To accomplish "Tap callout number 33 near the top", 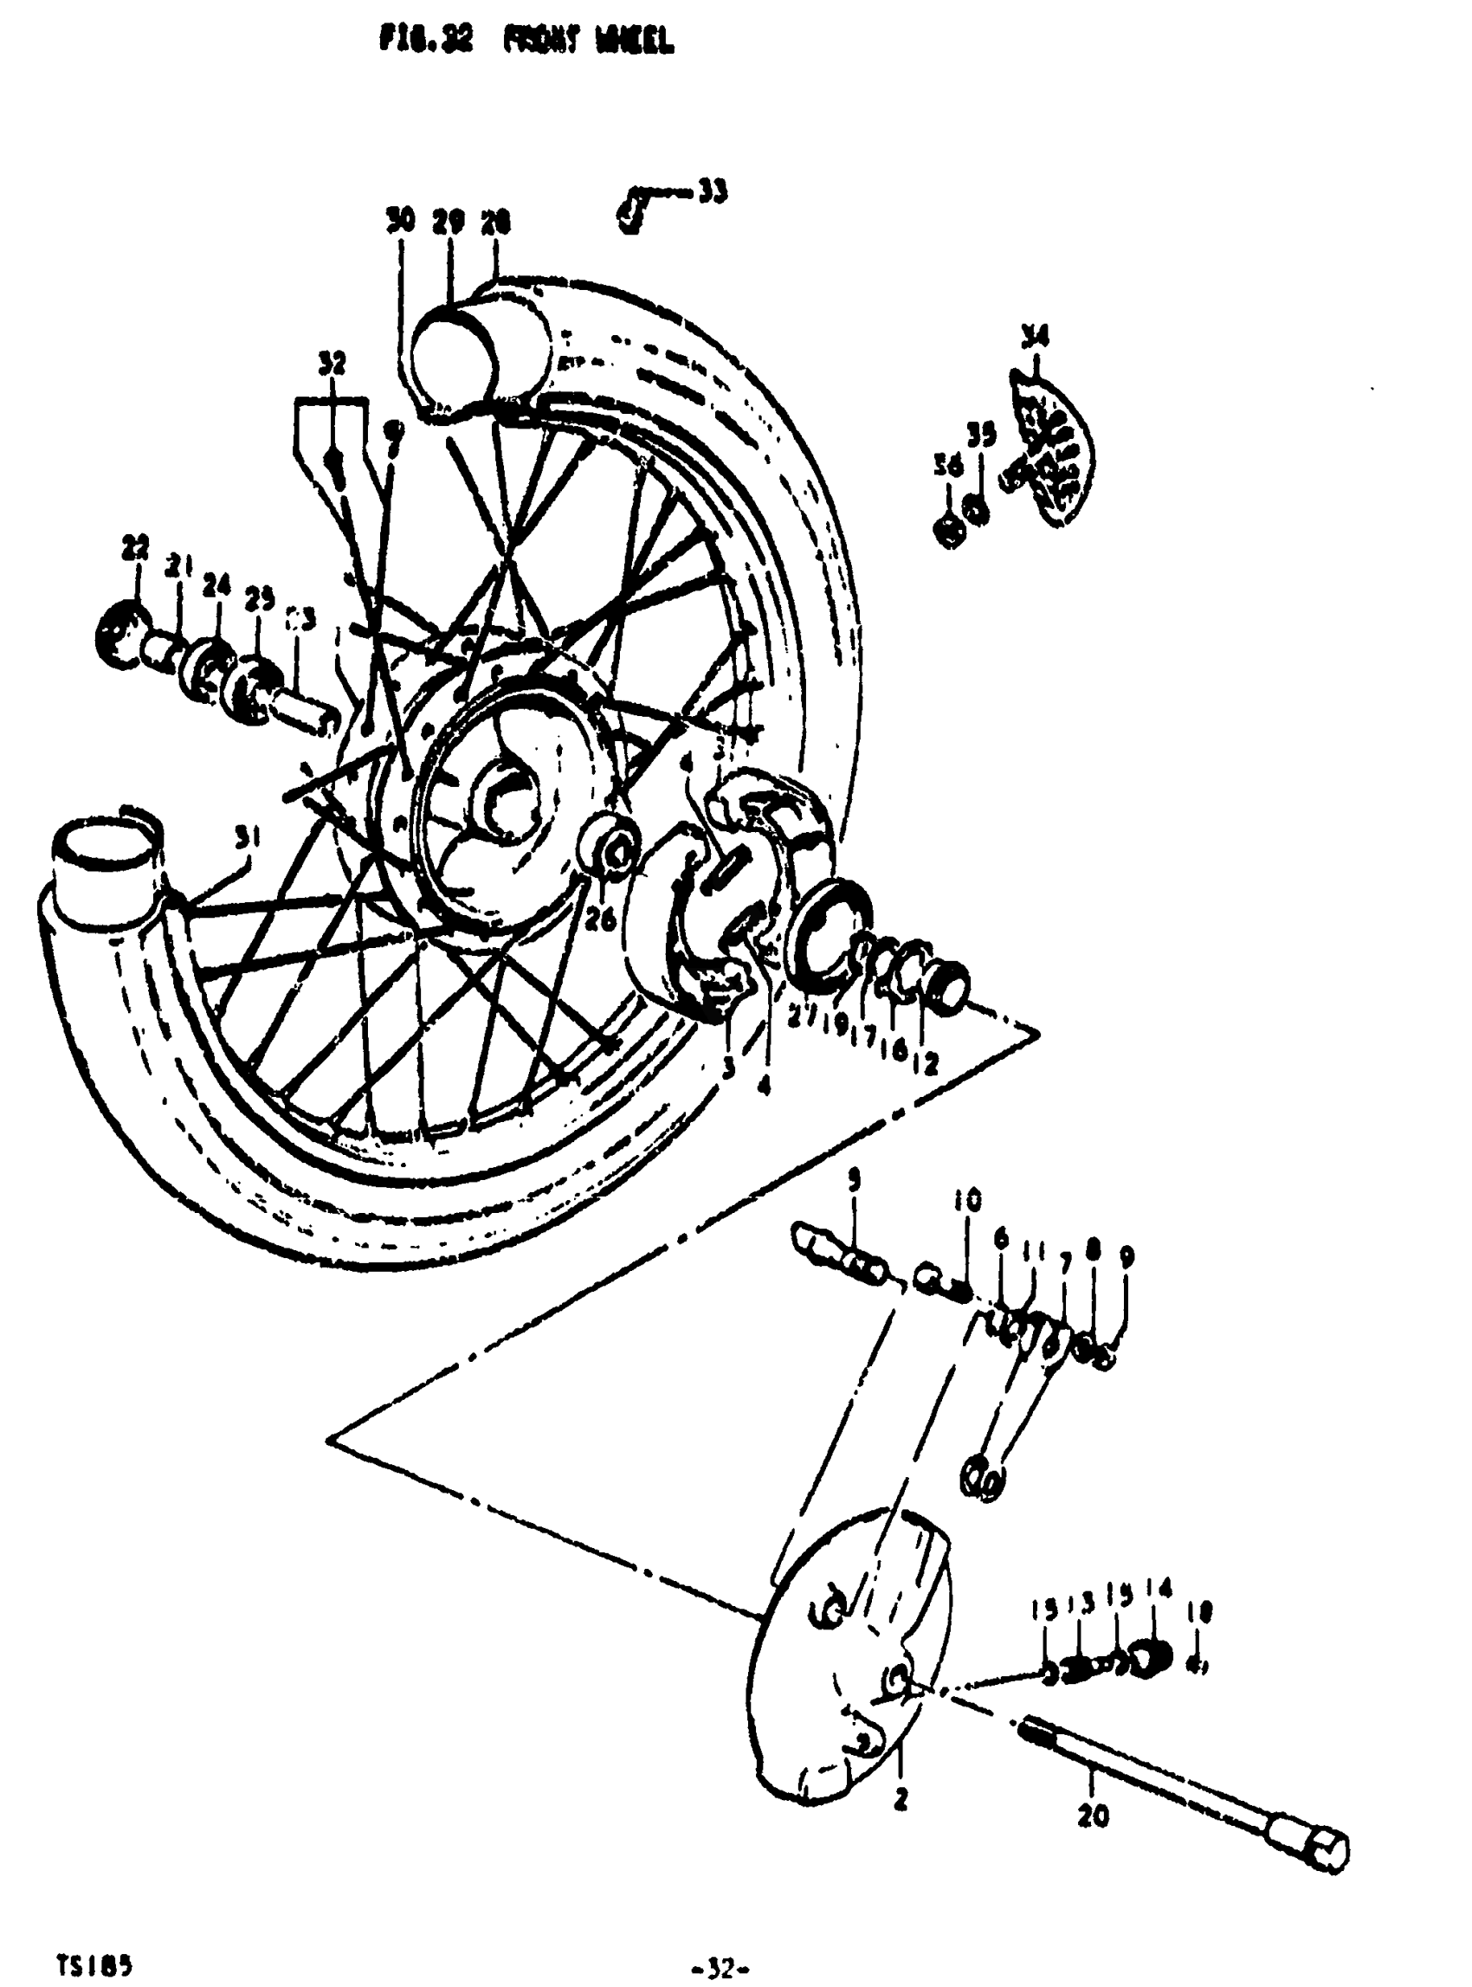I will tap(712, 190).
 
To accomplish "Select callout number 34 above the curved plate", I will tap(1035, 336).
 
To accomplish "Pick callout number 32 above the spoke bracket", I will tap(332, 364).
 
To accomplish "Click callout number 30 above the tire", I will tap(401, 220).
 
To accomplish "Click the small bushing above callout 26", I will tap(613, 844).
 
